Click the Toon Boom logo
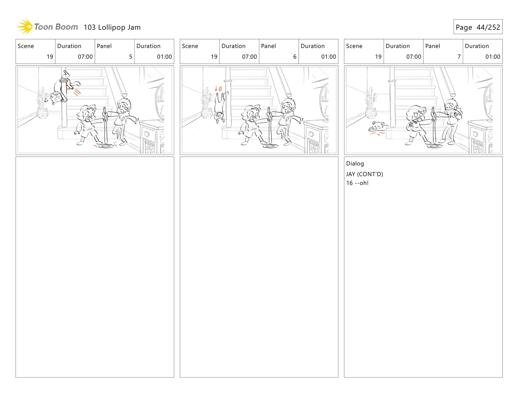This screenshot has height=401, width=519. (x=47, y=27)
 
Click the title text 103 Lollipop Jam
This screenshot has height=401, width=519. (x=112, y=27)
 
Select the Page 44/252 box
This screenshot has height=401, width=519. (x=478, y=27)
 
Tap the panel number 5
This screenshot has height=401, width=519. (x=131, y=57)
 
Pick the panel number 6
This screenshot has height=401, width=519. (x=295, y=57)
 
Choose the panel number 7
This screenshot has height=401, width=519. (x=459, y=57)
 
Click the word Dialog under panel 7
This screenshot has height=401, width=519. (x=355, y=163)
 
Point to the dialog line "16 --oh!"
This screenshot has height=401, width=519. (x=357, y=183)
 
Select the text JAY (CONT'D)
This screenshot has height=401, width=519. (x=364, y=174)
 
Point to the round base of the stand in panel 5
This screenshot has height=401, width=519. (x=106, y=146)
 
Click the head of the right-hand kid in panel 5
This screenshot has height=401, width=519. (x=124, y=106)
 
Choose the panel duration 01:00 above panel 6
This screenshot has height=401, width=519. (x=328, y=57)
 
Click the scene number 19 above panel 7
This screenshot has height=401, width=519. (x=378, y=57)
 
